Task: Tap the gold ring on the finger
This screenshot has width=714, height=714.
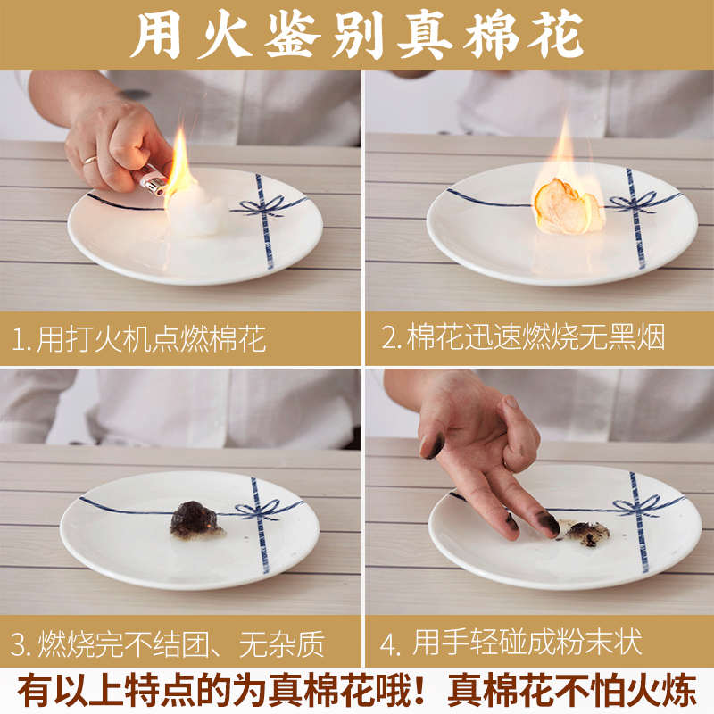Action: [90, 160]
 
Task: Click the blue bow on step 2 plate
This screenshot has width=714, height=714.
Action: [637, 202]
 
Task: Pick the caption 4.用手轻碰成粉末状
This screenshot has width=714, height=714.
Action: [527, 643]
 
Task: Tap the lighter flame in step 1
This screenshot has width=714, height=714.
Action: [178, 161]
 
